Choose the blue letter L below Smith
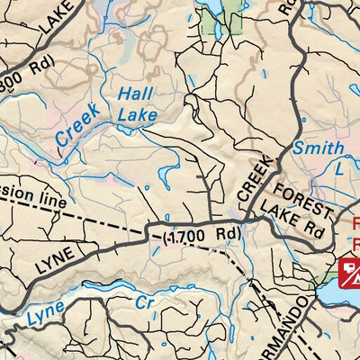point(338,168)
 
